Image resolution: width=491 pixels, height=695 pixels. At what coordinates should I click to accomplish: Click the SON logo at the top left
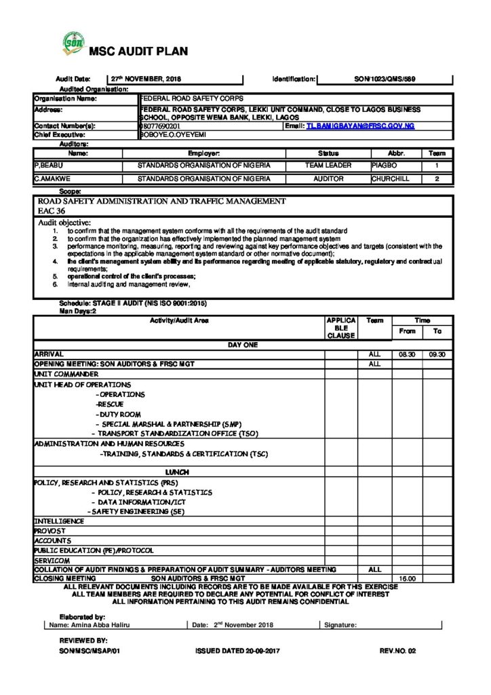click(x=73, y=45)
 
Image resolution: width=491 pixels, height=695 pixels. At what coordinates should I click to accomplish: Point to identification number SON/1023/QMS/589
click(x=382, y=79)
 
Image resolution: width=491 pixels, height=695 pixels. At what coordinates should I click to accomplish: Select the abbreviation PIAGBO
click(x=387, y=165)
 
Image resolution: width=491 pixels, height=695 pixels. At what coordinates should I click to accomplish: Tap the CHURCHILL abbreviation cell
click(x=391, y=179)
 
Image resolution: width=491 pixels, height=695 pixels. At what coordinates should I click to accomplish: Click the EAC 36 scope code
click(x=52, y=211)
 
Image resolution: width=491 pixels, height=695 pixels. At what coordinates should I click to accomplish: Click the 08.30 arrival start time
click(x=407, y=354)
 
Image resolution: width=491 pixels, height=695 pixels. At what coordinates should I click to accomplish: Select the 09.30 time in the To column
click(x=437, y=354)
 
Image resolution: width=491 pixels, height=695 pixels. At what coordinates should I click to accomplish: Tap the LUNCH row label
click(x=178, y=472)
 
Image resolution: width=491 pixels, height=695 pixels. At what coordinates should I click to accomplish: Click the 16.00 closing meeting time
click(x=407, y=578)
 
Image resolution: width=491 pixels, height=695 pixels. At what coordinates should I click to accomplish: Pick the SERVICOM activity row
click(x=52, y=561)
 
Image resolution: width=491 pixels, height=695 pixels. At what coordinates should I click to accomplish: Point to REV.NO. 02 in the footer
click(x=397, y=650)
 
